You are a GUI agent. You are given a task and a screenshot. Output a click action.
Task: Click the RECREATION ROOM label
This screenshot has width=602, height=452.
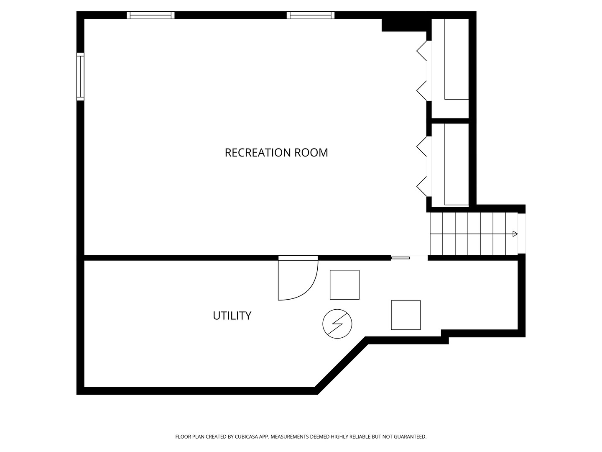(276, 153)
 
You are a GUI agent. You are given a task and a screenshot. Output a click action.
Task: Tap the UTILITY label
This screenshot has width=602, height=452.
(232, 316)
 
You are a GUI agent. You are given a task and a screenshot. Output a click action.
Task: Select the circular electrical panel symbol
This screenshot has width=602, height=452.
(337, 324)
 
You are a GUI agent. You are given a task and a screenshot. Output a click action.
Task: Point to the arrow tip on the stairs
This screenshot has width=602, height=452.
(517, 234)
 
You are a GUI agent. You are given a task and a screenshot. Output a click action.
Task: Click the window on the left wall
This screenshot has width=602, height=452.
(80, 77)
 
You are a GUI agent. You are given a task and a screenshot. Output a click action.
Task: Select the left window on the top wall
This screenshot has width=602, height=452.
(150, 15)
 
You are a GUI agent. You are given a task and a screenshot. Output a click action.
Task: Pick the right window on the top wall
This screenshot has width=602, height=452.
(311, 15)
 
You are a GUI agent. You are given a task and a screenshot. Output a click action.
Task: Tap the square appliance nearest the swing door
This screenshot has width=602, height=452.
(344, 285)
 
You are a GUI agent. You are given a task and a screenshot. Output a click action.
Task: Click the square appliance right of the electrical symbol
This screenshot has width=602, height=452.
(406, 315)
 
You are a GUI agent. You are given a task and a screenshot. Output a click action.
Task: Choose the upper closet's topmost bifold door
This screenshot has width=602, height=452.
(422, 51)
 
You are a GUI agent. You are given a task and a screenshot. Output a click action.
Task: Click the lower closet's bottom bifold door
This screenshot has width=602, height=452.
(422, 186)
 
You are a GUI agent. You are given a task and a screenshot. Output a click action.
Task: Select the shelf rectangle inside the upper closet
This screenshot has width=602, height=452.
(457, 59)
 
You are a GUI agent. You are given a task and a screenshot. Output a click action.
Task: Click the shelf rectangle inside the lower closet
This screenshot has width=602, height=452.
(457, 164)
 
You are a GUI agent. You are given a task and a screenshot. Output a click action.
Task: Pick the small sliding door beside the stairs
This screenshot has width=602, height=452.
(400, 258)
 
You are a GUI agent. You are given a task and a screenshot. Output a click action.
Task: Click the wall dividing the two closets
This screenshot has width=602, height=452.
(450, 121)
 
